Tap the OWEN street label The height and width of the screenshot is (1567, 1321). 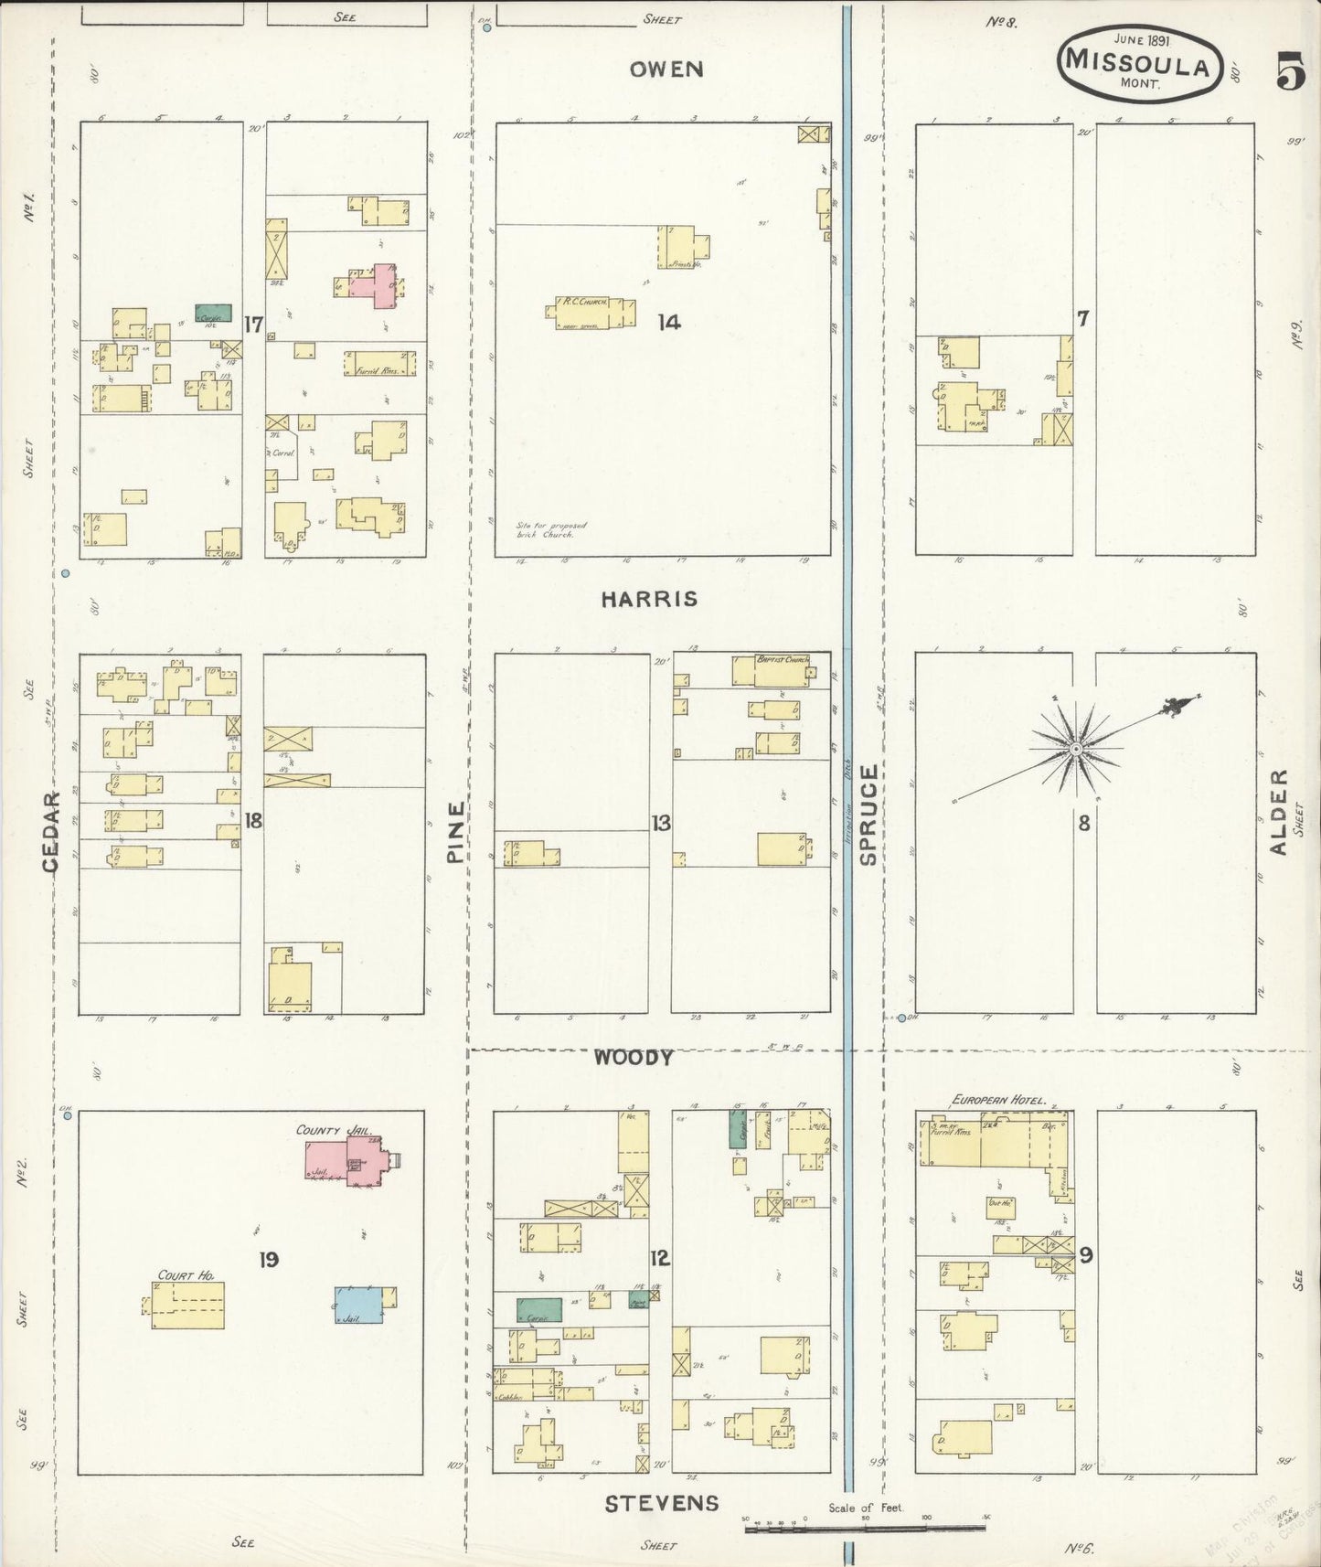(x=667, y=69)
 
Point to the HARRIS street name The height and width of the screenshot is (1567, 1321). (x=649, y=600)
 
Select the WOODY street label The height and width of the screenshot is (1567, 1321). (x=634, y=1058)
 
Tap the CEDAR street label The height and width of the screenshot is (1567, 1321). (x=51, y=831)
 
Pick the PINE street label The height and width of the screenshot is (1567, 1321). (x=455, y=832)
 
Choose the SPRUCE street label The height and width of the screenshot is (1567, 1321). (x=868, y=815)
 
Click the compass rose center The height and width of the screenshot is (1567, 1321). (x=1076, y=749)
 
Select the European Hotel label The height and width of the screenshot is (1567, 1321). (x=998, y=1102)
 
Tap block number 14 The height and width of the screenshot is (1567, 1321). (x=669, y=322)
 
